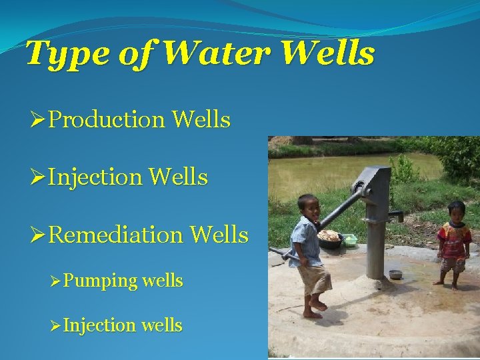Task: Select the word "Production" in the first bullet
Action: [x=107, y=120]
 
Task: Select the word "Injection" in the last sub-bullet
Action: [x=103, y=325]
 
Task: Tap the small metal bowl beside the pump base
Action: [x=395, y=274]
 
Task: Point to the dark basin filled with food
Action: [x=329, y=239]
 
